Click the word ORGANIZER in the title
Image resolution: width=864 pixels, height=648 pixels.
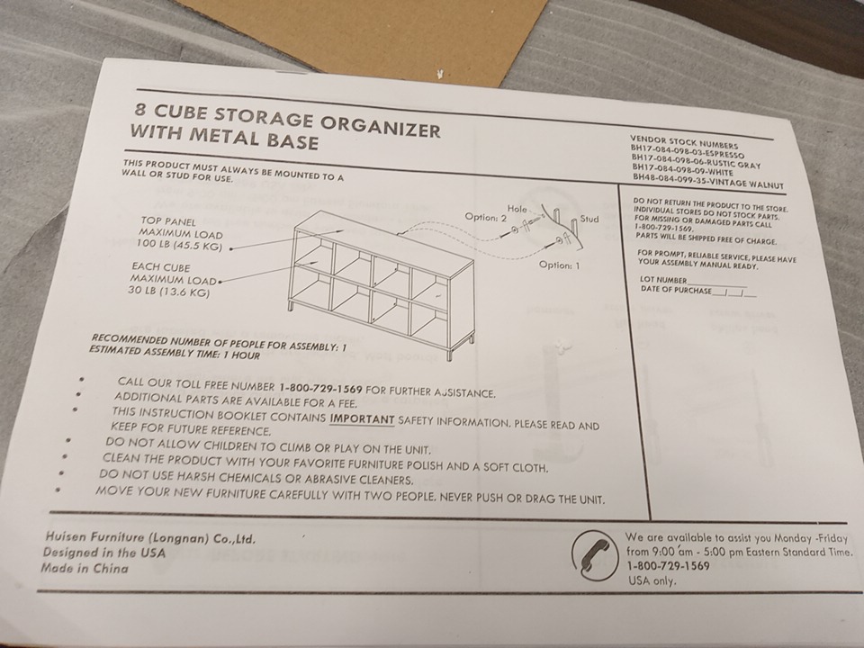381,126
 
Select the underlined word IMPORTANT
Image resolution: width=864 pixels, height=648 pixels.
362,419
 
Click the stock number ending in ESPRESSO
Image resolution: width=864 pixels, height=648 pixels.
688,151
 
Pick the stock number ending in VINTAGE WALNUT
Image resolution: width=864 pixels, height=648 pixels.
708,181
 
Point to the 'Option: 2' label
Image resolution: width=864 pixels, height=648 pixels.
486,217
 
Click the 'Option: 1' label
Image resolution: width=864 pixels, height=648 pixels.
559,265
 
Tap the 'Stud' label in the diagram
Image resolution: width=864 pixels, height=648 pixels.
589,219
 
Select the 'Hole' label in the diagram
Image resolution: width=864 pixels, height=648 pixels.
517,208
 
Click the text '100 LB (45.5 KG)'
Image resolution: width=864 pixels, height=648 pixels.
179,245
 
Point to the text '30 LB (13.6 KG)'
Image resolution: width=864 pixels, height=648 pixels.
169,291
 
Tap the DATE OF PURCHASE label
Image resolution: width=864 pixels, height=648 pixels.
676,289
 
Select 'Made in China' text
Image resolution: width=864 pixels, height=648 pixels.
85,568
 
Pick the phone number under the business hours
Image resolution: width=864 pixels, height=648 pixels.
668,566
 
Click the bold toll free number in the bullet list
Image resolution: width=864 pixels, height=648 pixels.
320,388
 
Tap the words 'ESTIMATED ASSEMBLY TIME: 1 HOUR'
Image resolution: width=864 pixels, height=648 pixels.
175,353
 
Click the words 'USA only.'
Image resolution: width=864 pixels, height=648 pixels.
652,580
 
